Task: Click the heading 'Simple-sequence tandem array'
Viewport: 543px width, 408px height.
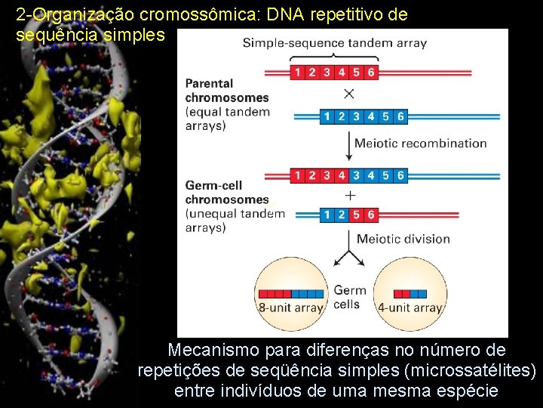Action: [335, 43]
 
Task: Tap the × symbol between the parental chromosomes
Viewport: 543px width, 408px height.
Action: [349, 94]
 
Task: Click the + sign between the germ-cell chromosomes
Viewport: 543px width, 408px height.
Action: [350, 195]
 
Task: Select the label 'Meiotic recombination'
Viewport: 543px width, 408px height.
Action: [421, 143]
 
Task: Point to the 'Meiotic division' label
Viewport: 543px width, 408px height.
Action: [403, 239]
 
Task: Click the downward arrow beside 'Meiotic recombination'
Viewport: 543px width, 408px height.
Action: [349, 144]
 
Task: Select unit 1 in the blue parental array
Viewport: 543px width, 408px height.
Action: [326, 116]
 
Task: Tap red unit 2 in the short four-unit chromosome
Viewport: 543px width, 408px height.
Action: [341, 215]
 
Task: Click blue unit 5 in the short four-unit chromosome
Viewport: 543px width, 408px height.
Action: [356, 215]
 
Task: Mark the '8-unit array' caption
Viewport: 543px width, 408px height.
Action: [291, 308]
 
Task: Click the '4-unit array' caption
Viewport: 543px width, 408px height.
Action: [410, 308]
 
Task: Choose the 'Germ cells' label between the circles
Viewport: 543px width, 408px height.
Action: [349, 297]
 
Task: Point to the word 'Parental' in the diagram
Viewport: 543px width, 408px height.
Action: [209, 83]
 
